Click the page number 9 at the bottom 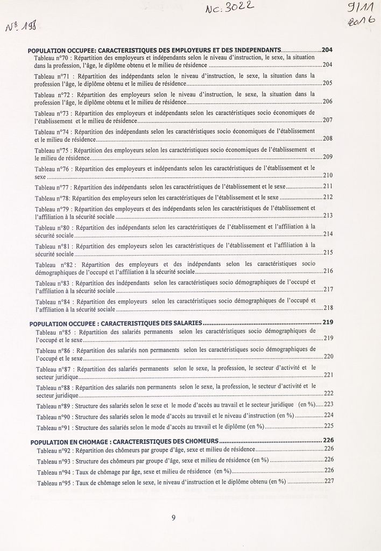tap(173, 518)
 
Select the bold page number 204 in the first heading tap(327, 50)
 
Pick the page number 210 tap(328, 175)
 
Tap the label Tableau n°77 tap(52, 188)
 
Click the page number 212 tap(328, 197)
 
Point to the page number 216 tap(328, 271)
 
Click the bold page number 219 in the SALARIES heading tap(328, 322)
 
